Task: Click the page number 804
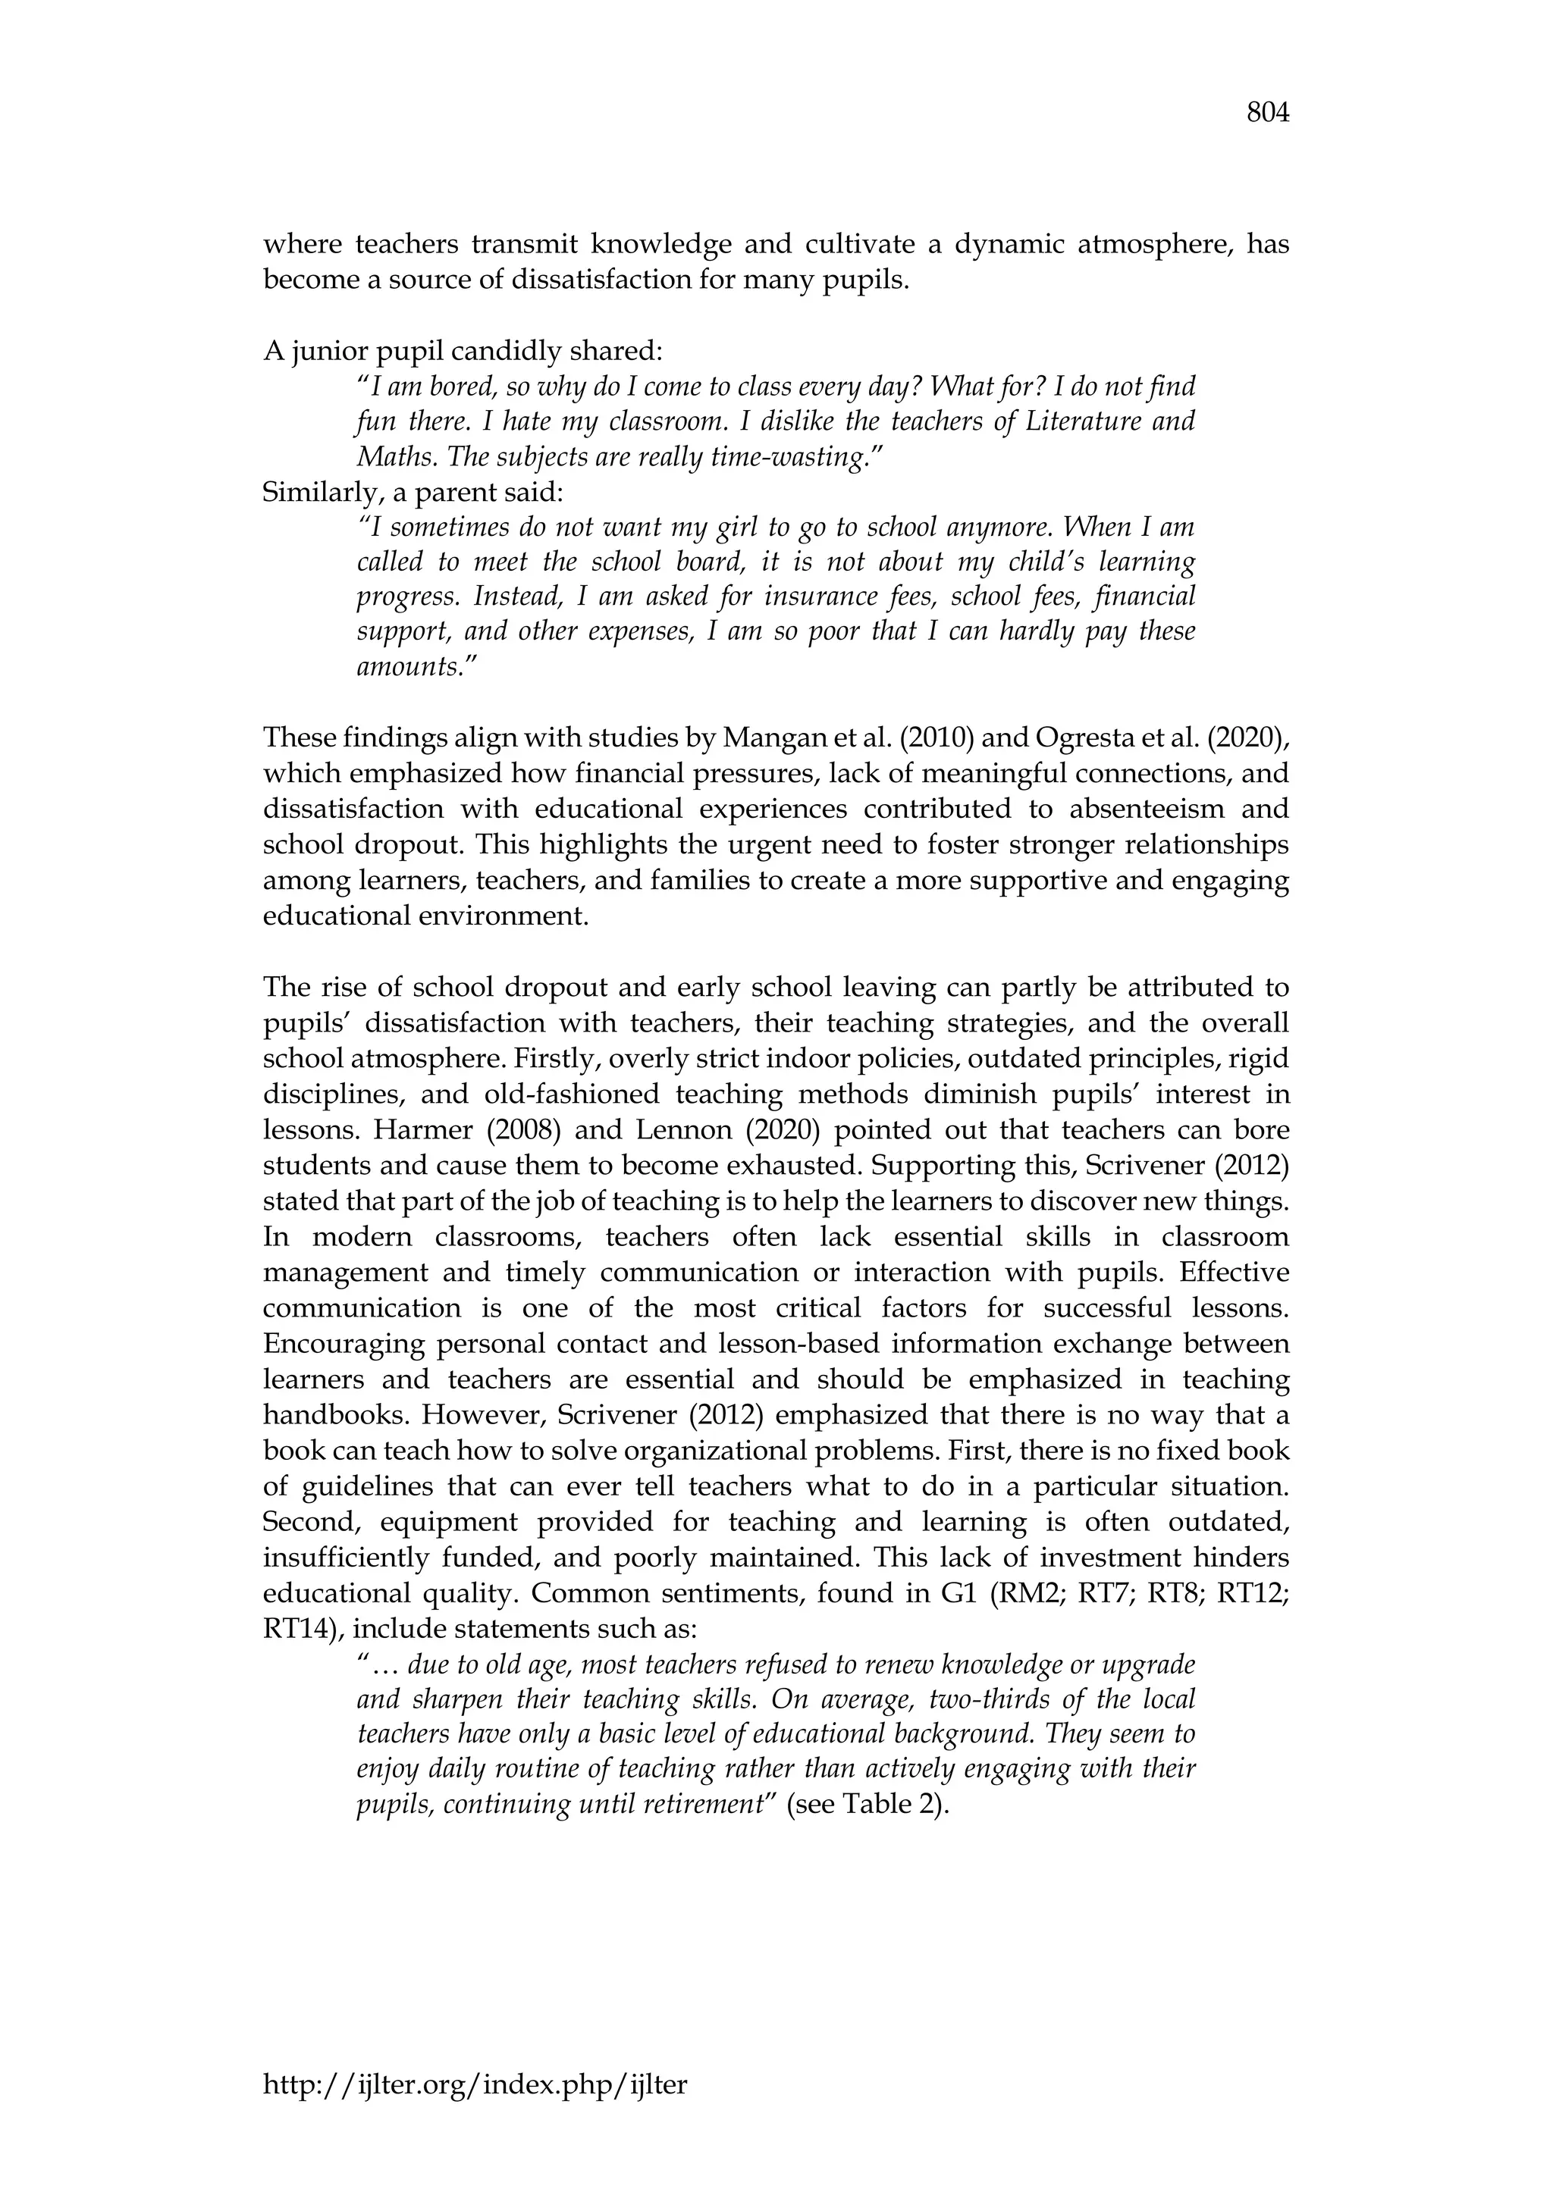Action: coord(1268,114)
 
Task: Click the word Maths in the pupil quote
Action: coord(391,457)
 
